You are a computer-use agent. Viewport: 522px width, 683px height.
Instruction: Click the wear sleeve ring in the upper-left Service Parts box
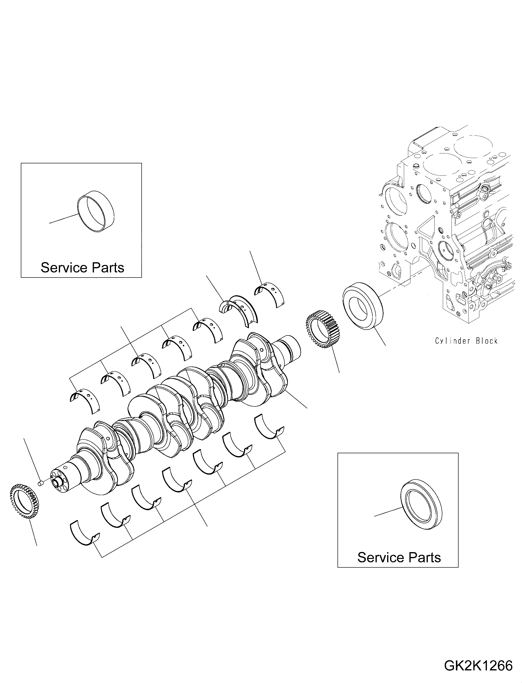tap(96, 212)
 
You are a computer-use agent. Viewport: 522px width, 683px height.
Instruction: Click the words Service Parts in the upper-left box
tap(82, 268)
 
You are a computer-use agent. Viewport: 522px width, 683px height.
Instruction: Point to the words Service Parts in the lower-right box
tap(399, 557)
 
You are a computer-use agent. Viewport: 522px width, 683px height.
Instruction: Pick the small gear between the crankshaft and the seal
tap(323, 328)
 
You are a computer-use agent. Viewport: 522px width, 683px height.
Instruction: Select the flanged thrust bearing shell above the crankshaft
tap(241, 309)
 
